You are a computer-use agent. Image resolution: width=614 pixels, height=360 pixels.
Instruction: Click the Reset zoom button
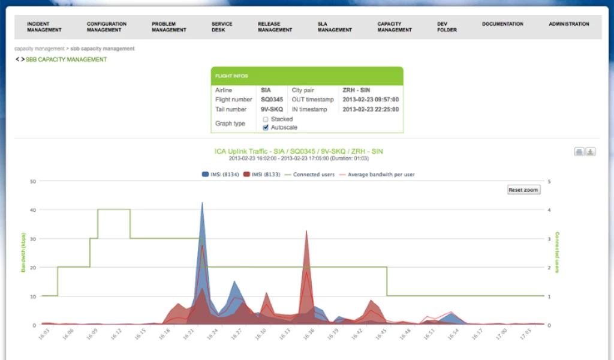[x=524, y=190]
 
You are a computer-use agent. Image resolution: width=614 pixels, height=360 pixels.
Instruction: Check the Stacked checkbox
[x=266, y=119]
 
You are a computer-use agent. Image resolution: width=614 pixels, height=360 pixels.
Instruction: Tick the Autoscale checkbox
[x=266, y=128]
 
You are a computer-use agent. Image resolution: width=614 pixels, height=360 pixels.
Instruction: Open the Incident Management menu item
[x=44, y=26]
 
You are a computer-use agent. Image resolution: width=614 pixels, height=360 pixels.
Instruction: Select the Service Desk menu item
[x=222, y=26]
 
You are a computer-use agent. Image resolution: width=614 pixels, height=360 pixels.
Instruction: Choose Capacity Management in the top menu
[x=395, y=26]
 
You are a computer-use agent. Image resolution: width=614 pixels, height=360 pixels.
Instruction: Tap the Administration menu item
[x=569, y=24]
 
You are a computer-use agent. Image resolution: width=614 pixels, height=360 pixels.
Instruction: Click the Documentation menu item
[x=502, y=24]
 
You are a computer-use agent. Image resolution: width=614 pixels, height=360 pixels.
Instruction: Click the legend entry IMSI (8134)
[x=221, y=175]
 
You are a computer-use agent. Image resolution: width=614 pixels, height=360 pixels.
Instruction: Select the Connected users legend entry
[x=309, y=175]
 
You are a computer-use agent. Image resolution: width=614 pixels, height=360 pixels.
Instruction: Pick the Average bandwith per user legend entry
[x=377, y=175]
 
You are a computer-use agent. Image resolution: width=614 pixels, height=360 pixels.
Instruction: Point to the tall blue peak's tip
[x=202, y=202]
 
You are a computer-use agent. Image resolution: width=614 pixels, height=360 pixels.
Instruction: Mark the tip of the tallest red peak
[x=306, y=230]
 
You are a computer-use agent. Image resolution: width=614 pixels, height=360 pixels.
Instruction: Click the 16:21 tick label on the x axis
[x=189, y=334]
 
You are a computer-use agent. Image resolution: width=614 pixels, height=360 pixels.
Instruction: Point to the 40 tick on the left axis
[x=33, y=210]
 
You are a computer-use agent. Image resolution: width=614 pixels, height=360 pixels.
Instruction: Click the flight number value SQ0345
[x=272, y=100]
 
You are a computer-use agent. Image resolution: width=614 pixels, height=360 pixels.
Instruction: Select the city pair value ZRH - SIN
[x=356, y=90]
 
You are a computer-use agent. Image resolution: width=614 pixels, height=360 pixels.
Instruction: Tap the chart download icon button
[x=591, y=152]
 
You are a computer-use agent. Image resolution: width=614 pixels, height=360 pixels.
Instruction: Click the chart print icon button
[x=579, y=152]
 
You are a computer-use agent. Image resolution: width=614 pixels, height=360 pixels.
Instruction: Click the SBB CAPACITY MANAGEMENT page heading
[x=66, y=59]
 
